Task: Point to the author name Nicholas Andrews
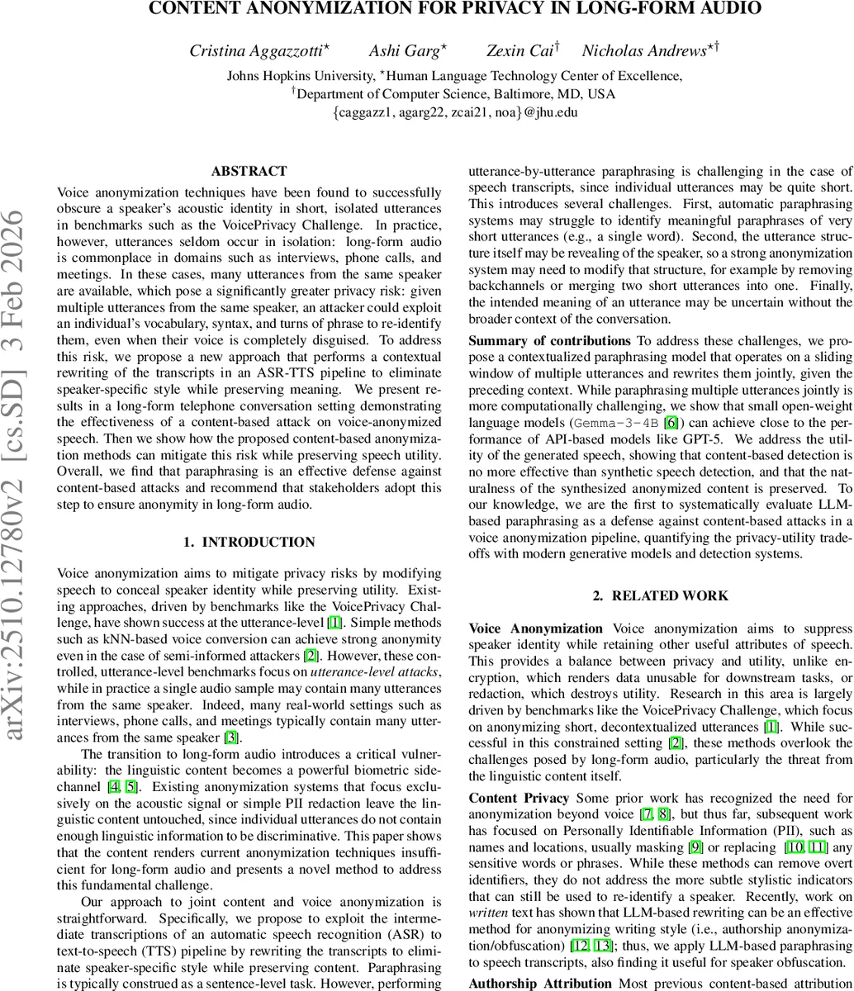click(x=644, y=51)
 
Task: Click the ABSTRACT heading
click(x=249, y=172)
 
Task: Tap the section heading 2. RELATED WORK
click(x=661, y=595)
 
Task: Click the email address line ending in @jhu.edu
click(x=455, y=113)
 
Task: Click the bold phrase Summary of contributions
click(x=549, y=340)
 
